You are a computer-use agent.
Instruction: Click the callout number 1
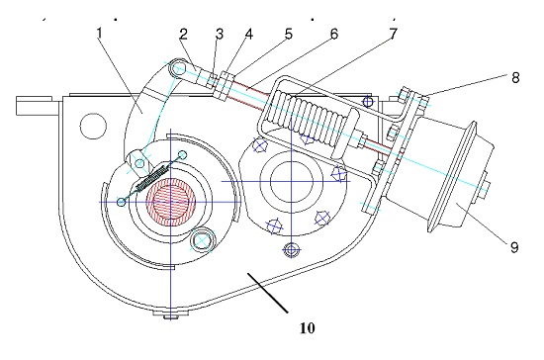click(100, 34)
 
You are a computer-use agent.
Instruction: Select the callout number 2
click(184, 34)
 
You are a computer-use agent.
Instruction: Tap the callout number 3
click(219, 34)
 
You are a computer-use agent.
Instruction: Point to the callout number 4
click(248, 34)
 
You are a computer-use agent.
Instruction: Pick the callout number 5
click(288, 34)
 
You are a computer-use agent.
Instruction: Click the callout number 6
click(333, 34)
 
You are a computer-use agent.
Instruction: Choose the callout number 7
click(393, 34)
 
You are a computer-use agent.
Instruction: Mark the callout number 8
click(515, 78)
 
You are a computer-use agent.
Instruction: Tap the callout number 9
click(514, 247)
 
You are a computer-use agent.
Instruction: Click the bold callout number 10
click(308, 327)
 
